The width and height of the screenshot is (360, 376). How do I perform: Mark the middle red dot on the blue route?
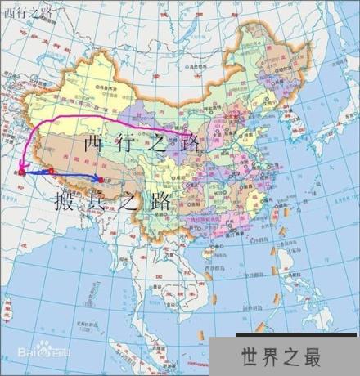pos(51,171)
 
